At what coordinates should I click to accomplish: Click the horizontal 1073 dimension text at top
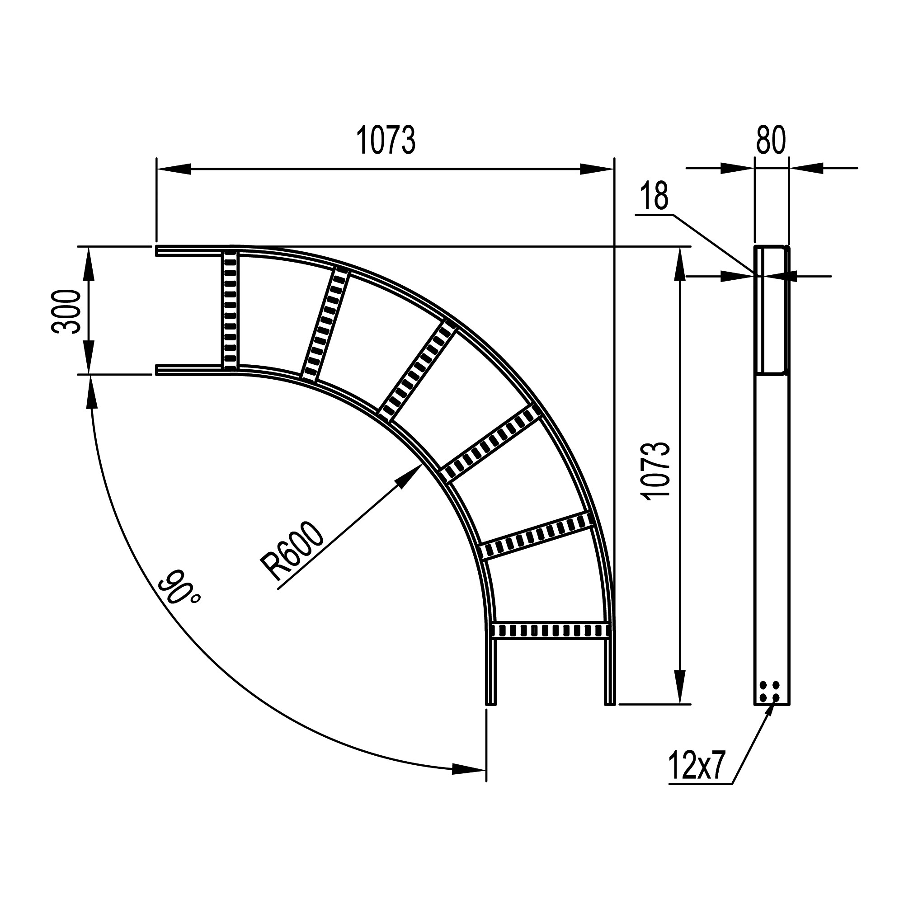point(386,141)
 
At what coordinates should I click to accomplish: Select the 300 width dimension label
point(66,311)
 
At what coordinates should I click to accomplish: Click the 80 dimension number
point(771,141)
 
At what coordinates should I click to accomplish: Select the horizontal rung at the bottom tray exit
point(550,630)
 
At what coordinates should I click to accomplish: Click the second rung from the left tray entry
point(324,324)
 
